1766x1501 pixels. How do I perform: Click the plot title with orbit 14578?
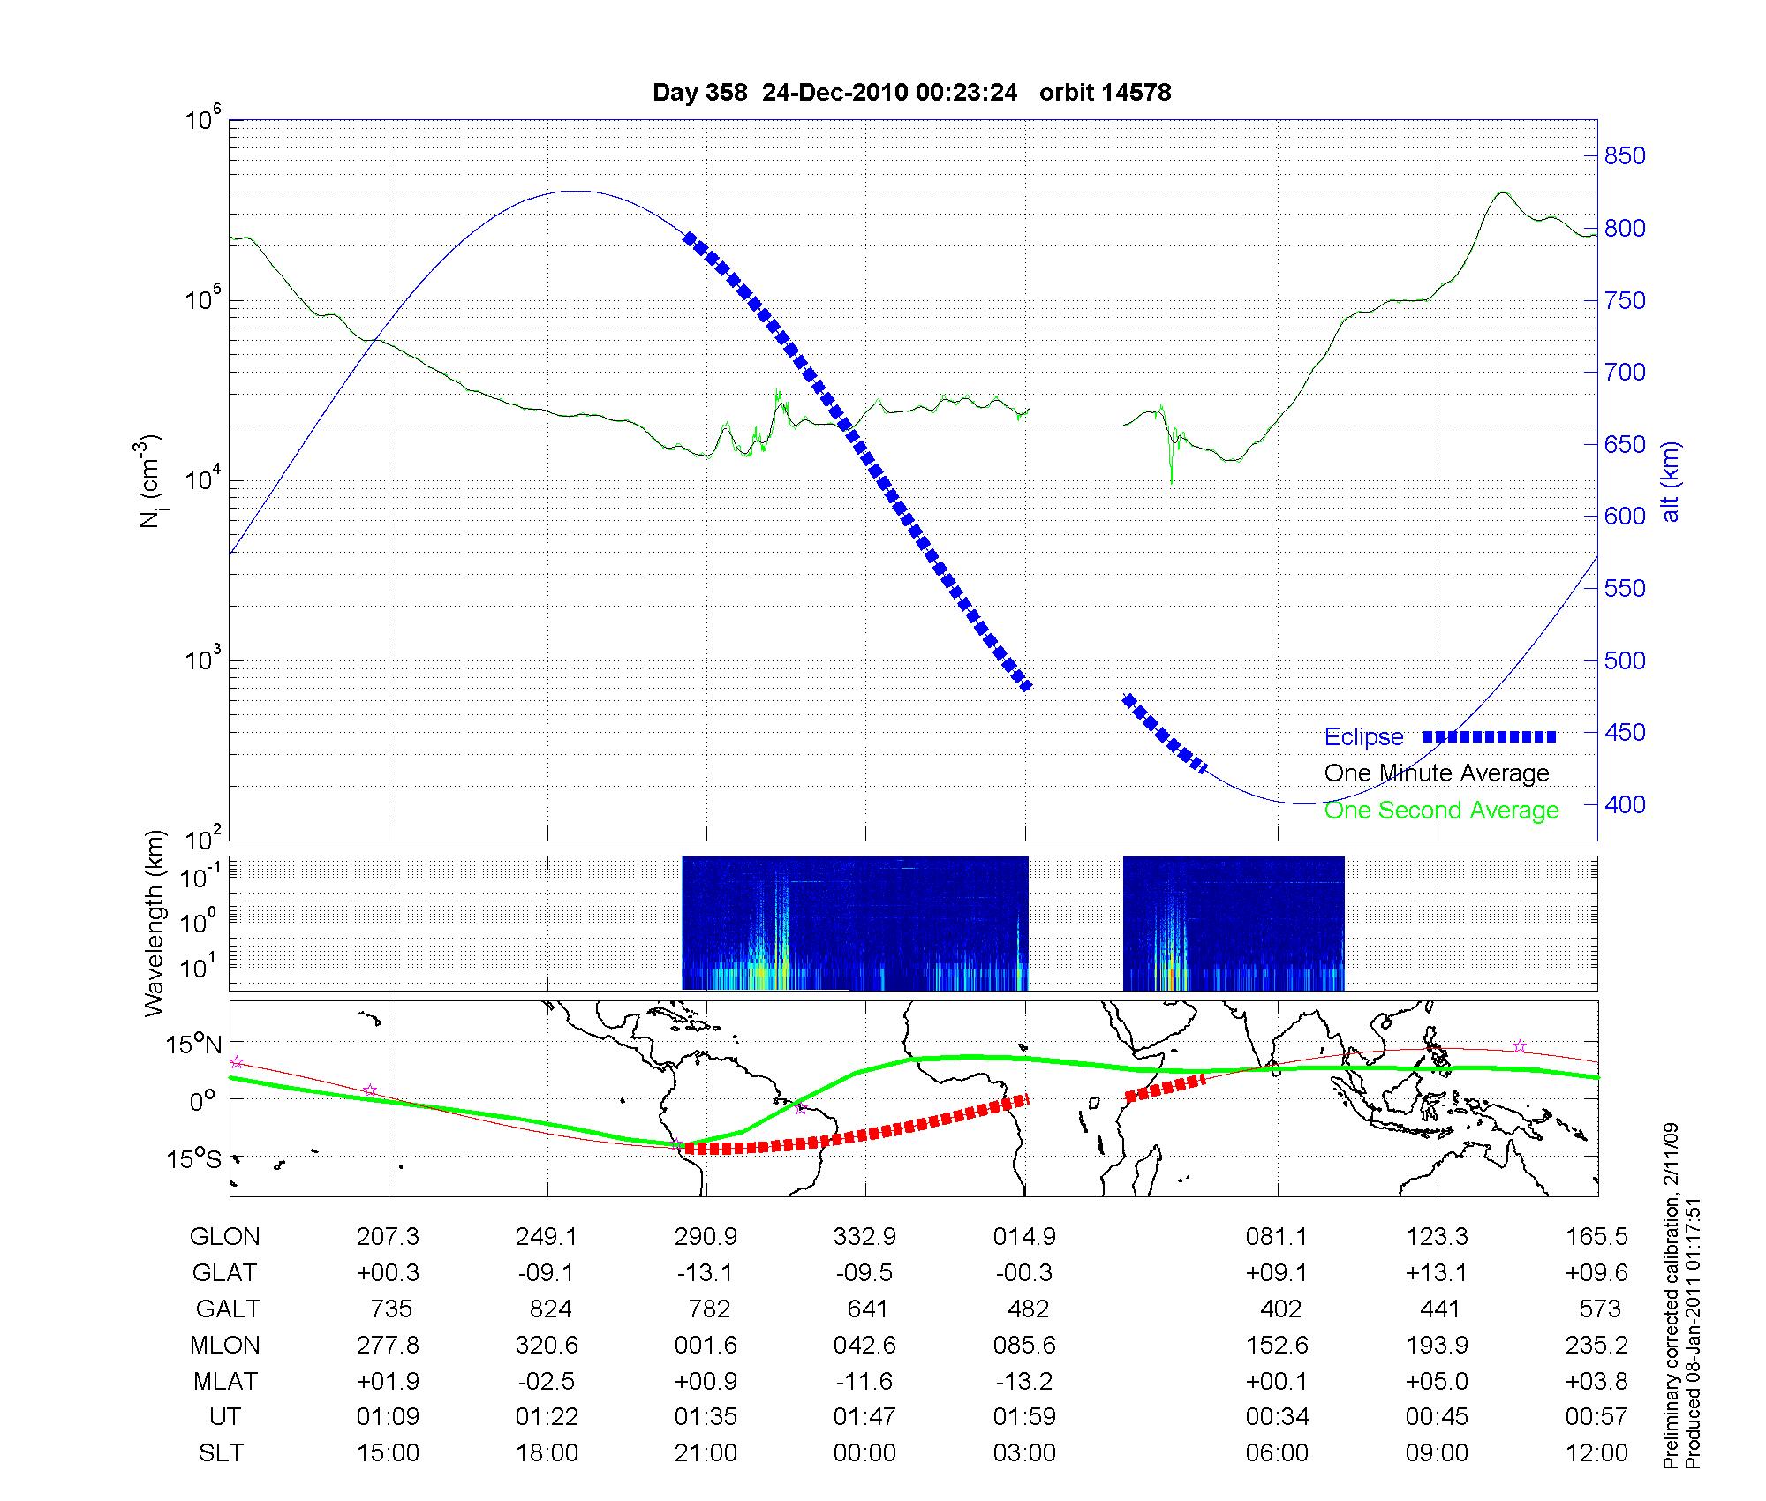[x=911, y=93]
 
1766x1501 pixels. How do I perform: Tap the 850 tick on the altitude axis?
[x=1625, y=156]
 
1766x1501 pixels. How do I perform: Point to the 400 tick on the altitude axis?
[x=1625, y=804]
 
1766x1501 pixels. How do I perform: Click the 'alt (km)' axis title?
[x=1671, y=481]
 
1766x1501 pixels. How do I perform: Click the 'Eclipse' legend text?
[x=1363, y=736]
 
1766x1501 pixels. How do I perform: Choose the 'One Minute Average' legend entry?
[x=1437, y=773]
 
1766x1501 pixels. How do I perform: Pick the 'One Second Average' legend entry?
[x=1441, y=811]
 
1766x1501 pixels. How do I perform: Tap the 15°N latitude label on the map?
[x=195, y=1045]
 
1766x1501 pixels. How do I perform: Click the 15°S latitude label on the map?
[x=195, y=1158]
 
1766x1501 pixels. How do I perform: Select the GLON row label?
[x=224, y=1237]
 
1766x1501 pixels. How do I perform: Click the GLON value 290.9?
[x=706, y=1237]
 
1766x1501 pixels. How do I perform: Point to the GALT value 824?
[x=549, y=1309]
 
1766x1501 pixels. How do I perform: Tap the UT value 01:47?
[x=864, y=1417]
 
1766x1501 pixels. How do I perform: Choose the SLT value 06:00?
[x=1277, y=1453]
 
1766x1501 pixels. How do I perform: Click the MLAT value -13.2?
[x=1024, y=1381]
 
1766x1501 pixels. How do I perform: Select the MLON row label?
[x=224, y=1345]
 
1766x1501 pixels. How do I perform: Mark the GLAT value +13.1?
[x=1437, y=1273]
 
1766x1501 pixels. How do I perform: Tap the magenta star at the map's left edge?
[x=237, y=1062]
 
